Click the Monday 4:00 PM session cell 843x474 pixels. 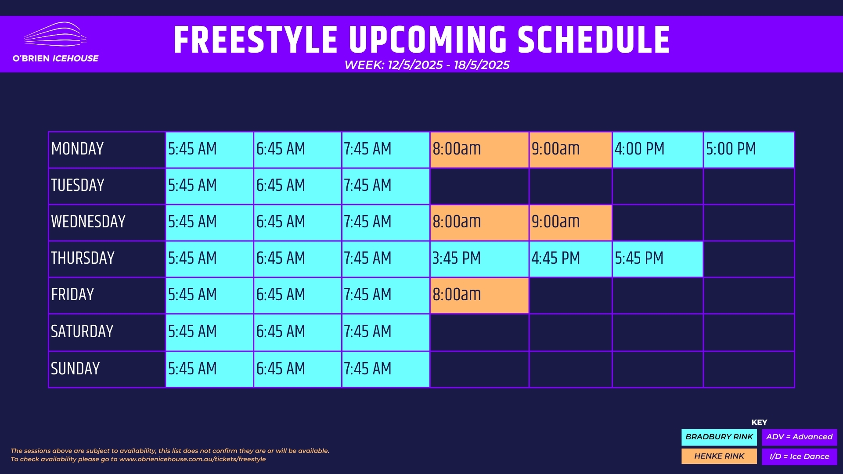(x=658, y=150)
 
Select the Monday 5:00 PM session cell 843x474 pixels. (x=749, y=150)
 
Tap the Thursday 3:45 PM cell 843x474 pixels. (x=479, y=259)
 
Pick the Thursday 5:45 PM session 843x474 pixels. (x=658, y=259)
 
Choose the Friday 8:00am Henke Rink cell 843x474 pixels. (x=479, y=295)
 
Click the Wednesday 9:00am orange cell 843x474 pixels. (x=571, y=223)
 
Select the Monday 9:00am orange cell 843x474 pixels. (x=571, y=150)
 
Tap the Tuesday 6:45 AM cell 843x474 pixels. (x=298, y=186)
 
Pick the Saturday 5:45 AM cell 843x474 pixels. (x=209, y=332)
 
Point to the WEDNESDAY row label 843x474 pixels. (x=88, y=222)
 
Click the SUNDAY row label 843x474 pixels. (x=76, y=369)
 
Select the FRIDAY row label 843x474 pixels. (x=72, y=294)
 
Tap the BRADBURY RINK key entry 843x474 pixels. (x=719, y=437)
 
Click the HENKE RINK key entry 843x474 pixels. (x=719, y=456)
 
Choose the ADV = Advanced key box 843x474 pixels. (x=800, y=437)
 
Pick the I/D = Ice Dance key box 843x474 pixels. (x=800, y=456)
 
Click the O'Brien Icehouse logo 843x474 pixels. (x=56, y=43)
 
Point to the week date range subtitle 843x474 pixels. (x=427, y=65)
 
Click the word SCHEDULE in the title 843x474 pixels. (x=594, y=40)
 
